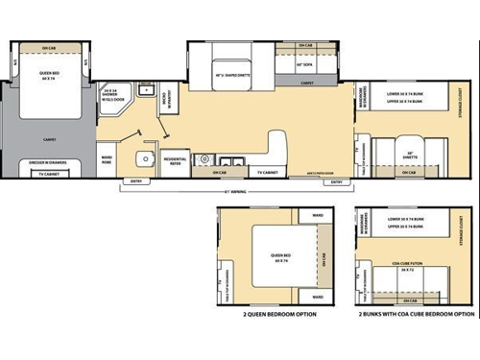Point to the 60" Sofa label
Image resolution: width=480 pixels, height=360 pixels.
306,62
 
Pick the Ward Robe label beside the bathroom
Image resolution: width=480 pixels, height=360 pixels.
108,159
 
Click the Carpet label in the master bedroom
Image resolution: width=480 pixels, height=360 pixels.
50,138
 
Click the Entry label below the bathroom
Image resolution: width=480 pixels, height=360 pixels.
134,181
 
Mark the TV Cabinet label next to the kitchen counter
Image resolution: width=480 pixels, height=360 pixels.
270,173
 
